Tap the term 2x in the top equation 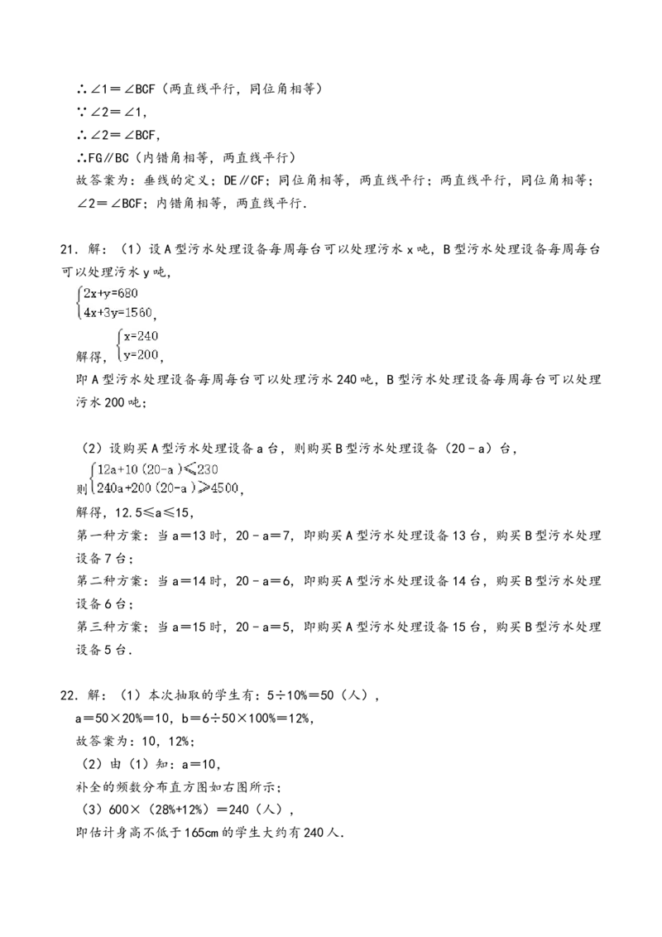click(90, 294)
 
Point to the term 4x click(90, 314)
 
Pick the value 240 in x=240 click(146, 336)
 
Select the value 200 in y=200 click(146, 354)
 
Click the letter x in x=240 click(127, 336)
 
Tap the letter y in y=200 click(127, 355)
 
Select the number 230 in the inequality click(207, 469)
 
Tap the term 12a click(107, 469)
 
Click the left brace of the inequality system click(91, 478)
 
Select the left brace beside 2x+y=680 click(79, 304)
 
